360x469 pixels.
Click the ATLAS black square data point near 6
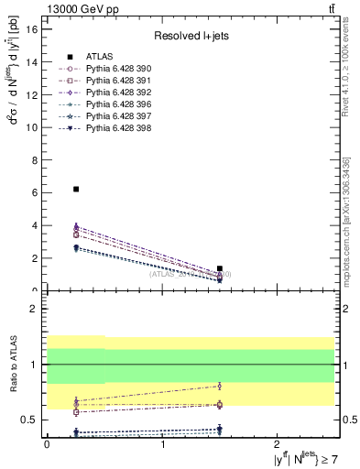[x=76, y=189]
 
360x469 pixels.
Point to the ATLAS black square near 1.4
[x=220, y=268]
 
